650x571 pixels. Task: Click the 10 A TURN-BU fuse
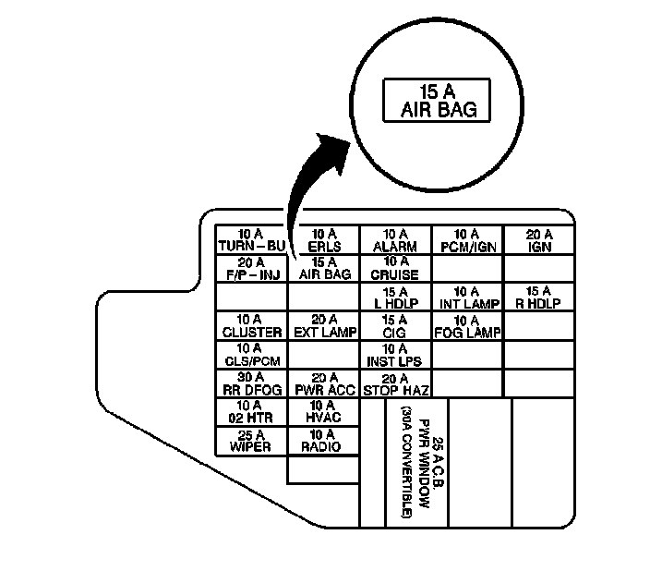251,240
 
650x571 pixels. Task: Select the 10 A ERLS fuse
323,240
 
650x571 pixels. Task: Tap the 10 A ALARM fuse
395,240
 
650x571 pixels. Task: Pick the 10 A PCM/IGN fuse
467,240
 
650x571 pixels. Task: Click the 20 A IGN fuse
539,240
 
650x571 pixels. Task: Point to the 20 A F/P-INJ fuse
251,268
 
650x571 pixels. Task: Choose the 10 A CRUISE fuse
395,268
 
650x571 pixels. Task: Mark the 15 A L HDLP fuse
395,298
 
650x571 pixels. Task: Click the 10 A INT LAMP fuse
467,298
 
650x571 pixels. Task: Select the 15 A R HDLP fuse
539,298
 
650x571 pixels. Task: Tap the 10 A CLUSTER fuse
251,326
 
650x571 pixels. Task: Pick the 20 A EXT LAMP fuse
323,326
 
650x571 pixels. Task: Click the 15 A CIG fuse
395,326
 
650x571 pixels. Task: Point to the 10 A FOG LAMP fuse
467,326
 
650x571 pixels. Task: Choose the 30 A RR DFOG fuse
251,383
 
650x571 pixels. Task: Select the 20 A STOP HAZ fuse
395,383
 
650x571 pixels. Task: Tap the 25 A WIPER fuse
251,441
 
